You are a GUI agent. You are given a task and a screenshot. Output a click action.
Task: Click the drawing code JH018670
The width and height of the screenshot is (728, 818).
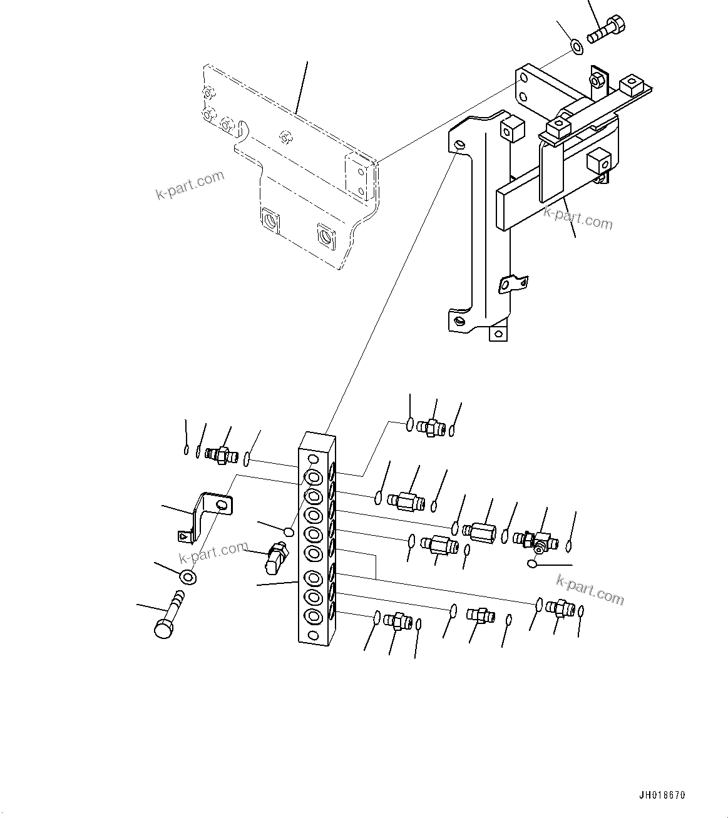click(662, 795)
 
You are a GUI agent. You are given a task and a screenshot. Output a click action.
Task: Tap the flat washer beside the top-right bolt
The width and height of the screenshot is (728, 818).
click(576, 46)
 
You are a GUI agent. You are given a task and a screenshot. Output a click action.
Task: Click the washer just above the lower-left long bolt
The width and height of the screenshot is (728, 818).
click(187, 577)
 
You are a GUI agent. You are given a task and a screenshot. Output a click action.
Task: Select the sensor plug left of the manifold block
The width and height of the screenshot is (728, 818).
click(275, 558)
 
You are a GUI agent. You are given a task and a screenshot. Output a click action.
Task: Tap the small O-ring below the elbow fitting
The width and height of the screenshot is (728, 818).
click(531, 565)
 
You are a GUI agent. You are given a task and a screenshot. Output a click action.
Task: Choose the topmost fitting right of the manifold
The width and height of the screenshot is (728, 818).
click(431, 427)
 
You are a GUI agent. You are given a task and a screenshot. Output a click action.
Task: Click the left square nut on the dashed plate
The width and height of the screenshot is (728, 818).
click(270, 220)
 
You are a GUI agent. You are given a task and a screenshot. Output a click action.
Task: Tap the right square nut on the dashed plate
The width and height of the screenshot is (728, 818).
click(326, 235)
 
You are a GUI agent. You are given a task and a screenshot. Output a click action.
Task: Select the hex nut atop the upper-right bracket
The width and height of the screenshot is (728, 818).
click(597, 79)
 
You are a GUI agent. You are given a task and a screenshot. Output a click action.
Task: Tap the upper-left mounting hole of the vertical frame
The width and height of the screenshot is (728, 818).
click(460, 145)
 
